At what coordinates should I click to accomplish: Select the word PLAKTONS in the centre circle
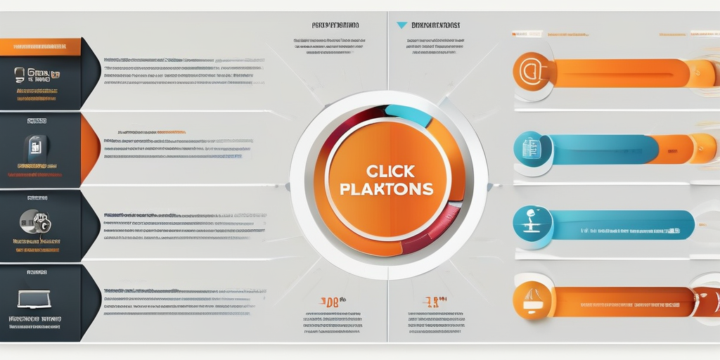point(386,190)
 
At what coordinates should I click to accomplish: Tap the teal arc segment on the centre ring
point(407,115)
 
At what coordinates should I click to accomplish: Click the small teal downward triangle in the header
point(401,25)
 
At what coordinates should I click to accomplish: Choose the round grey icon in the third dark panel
point(32,222)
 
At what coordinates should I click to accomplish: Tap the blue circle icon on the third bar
point(532,226)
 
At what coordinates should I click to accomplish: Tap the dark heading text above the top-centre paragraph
point(335,25)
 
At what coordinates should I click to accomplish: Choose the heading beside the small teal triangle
point(436,25)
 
